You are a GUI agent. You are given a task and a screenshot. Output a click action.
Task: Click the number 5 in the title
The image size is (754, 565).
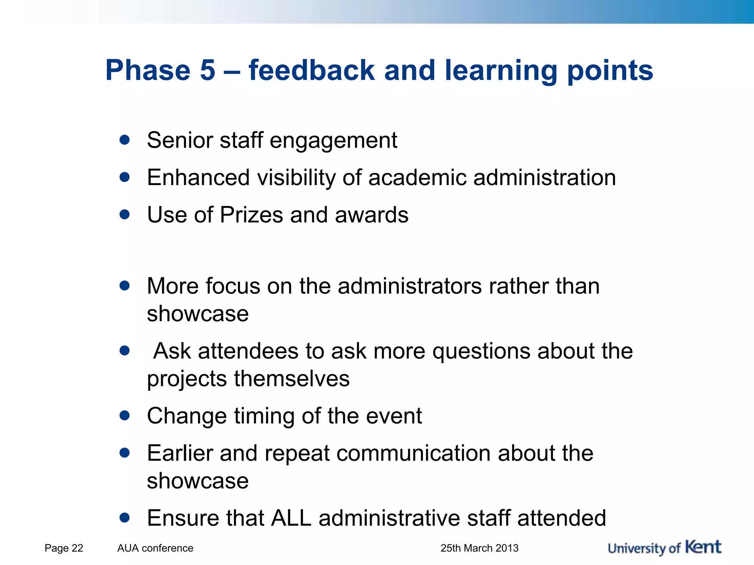click(207, 70)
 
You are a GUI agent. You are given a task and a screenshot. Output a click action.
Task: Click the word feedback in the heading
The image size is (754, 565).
click(311, 70)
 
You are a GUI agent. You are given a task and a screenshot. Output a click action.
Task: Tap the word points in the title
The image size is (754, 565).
click(610, 71)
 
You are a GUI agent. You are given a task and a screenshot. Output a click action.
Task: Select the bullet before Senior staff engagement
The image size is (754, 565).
click(125, 140)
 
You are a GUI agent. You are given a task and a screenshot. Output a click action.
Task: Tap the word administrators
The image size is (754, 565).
click(409, 286)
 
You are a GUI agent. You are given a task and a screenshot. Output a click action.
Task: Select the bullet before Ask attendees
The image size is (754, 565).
click(125, 351)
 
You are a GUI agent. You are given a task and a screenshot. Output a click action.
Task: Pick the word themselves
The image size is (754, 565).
click(292, 379)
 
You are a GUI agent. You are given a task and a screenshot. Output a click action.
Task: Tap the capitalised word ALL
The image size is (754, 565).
click(291, 518)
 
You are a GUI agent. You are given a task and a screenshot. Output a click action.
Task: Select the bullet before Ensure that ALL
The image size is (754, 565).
click(125, 518)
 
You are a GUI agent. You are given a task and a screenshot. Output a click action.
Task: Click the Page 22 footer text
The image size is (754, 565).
click(64, 548)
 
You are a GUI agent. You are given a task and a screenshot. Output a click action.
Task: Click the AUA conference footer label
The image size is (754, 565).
click(155, 548)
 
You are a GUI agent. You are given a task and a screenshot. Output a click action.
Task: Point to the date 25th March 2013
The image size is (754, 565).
click(479, 548)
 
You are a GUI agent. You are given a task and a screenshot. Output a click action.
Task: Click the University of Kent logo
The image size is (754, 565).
click(664, 548)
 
